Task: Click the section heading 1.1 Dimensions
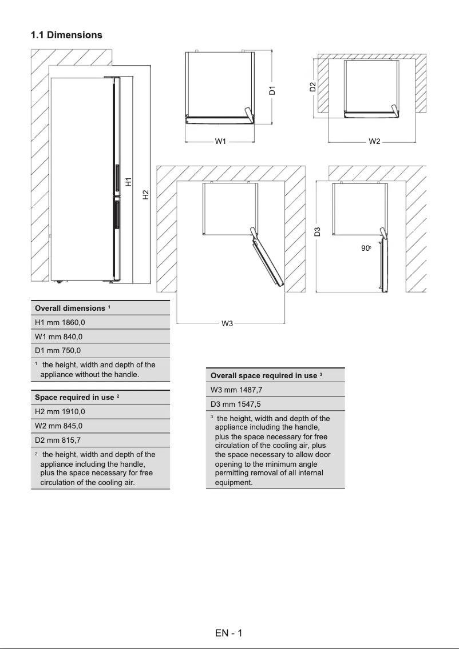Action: point(66,35)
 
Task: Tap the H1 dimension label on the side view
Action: point(129,182)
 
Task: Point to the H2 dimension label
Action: point(145,195)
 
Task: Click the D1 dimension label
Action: point(272,90)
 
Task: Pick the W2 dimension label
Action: point(374,141)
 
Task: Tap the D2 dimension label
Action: point(312,87)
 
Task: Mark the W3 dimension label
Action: point(227,324)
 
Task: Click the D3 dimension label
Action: point(318,231)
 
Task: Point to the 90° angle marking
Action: point(366,249)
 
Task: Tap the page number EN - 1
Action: point(229,633)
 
